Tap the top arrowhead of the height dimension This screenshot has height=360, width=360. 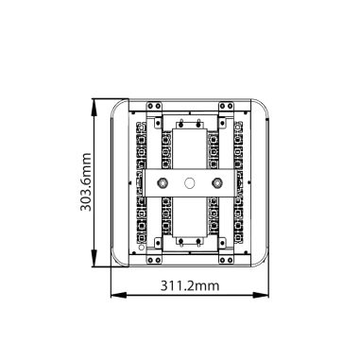97,101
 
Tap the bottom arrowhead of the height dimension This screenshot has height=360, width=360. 97,266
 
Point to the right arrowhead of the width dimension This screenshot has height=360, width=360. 268,294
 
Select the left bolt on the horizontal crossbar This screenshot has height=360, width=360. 163,182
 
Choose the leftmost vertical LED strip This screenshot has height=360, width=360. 138,182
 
